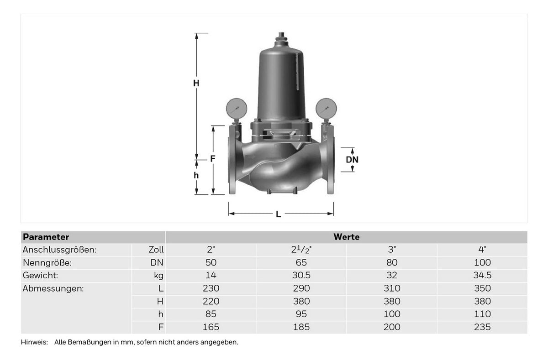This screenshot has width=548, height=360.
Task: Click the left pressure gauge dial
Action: click(237, 109)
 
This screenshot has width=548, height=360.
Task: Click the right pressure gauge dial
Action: click(326, 109)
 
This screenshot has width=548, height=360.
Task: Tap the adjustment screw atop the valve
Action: click(281, 37)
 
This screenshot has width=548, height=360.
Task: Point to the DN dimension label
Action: click(352, 160)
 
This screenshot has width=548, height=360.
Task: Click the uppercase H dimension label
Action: click(196, 83)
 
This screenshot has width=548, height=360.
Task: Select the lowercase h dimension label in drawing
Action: click(196, 175)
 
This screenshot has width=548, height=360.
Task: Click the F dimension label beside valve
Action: click(213, 159)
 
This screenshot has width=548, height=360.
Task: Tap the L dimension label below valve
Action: click(278, 214)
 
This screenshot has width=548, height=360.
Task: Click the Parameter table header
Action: click(46, 237)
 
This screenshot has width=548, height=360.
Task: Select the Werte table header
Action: click(347, 237)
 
